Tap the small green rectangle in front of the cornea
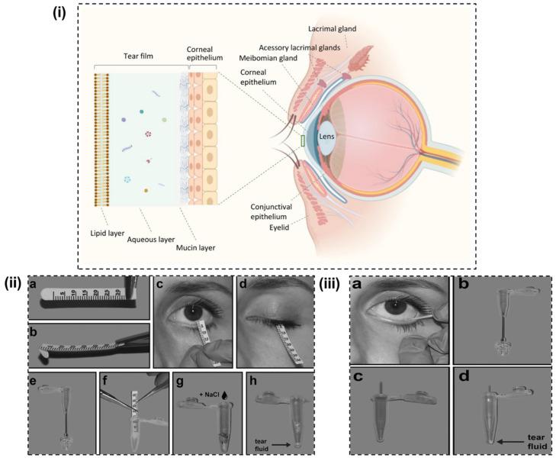click(303, 140)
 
